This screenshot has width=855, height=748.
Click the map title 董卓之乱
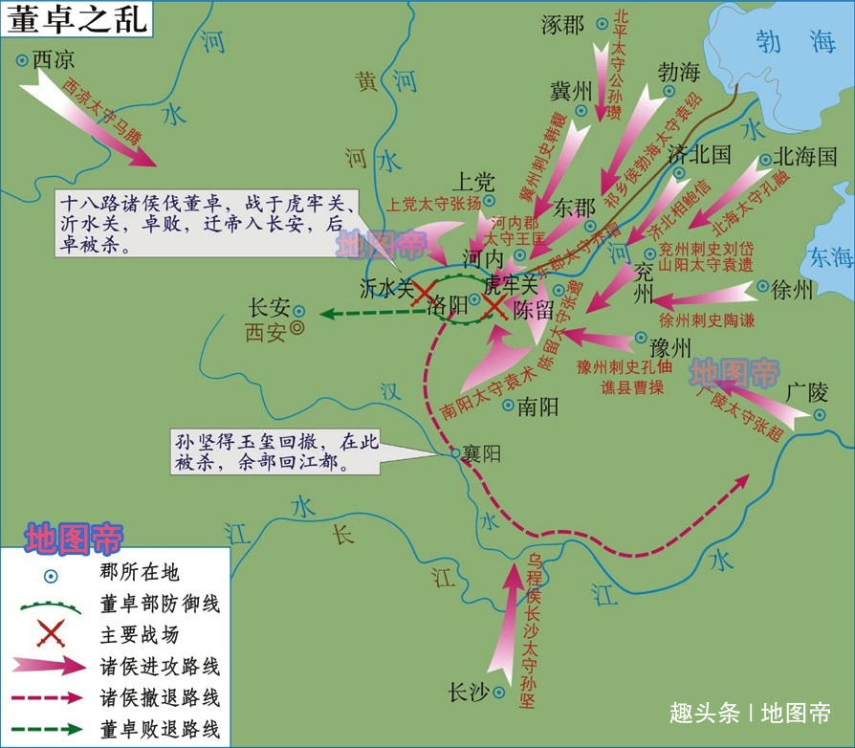78,20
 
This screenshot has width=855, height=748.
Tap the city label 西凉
53,59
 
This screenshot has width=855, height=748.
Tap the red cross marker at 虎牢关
494,305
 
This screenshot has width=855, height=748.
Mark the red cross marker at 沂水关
421,294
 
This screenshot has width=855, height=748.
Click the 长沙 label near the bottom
470,692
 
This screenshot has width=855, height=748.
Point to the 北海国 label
805,157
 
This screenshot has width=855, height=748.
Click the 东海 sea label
829,256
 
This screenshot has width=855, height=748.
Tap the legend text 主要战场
139,634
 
